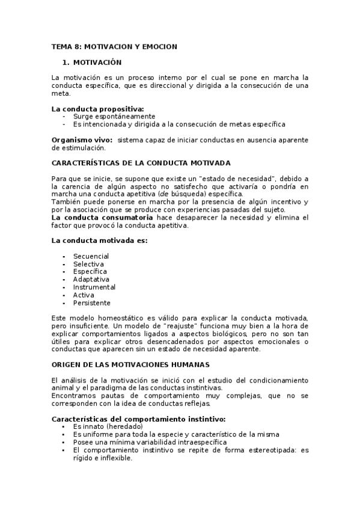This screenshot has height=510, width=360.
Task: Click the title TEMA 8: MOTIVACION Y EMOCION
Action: [114, 46]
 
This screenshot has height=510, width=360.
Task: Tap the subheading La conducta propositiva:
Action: [98, 108]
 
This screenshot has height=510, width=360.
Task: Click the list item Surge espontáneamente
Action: [114, 116]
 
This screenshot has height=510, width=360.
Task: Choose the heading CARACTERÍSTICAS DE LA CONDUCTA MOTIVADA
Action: [141, 163]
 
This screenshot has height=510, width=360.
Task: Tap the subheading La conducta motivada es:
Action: [100, 241]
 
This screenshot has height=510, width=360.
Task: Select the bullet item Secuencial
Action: [91, 256]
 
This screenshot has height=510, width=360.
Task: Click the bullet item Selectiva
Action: [88, 264]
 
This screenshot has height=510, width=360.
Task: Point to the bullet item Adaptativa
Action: [91, 280]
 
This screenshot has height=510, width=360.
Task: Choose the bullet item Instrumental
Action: [94, 287]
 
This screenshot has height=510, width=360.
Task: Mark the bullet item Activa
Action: [84, 295]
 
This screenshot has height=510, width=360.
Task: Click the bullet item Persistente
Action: [91, 303]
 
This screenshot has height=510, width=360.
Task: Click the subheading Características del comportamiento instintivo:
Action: [139, 419]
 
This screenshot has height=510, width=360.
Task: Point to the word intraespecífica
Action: [198, 442]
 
